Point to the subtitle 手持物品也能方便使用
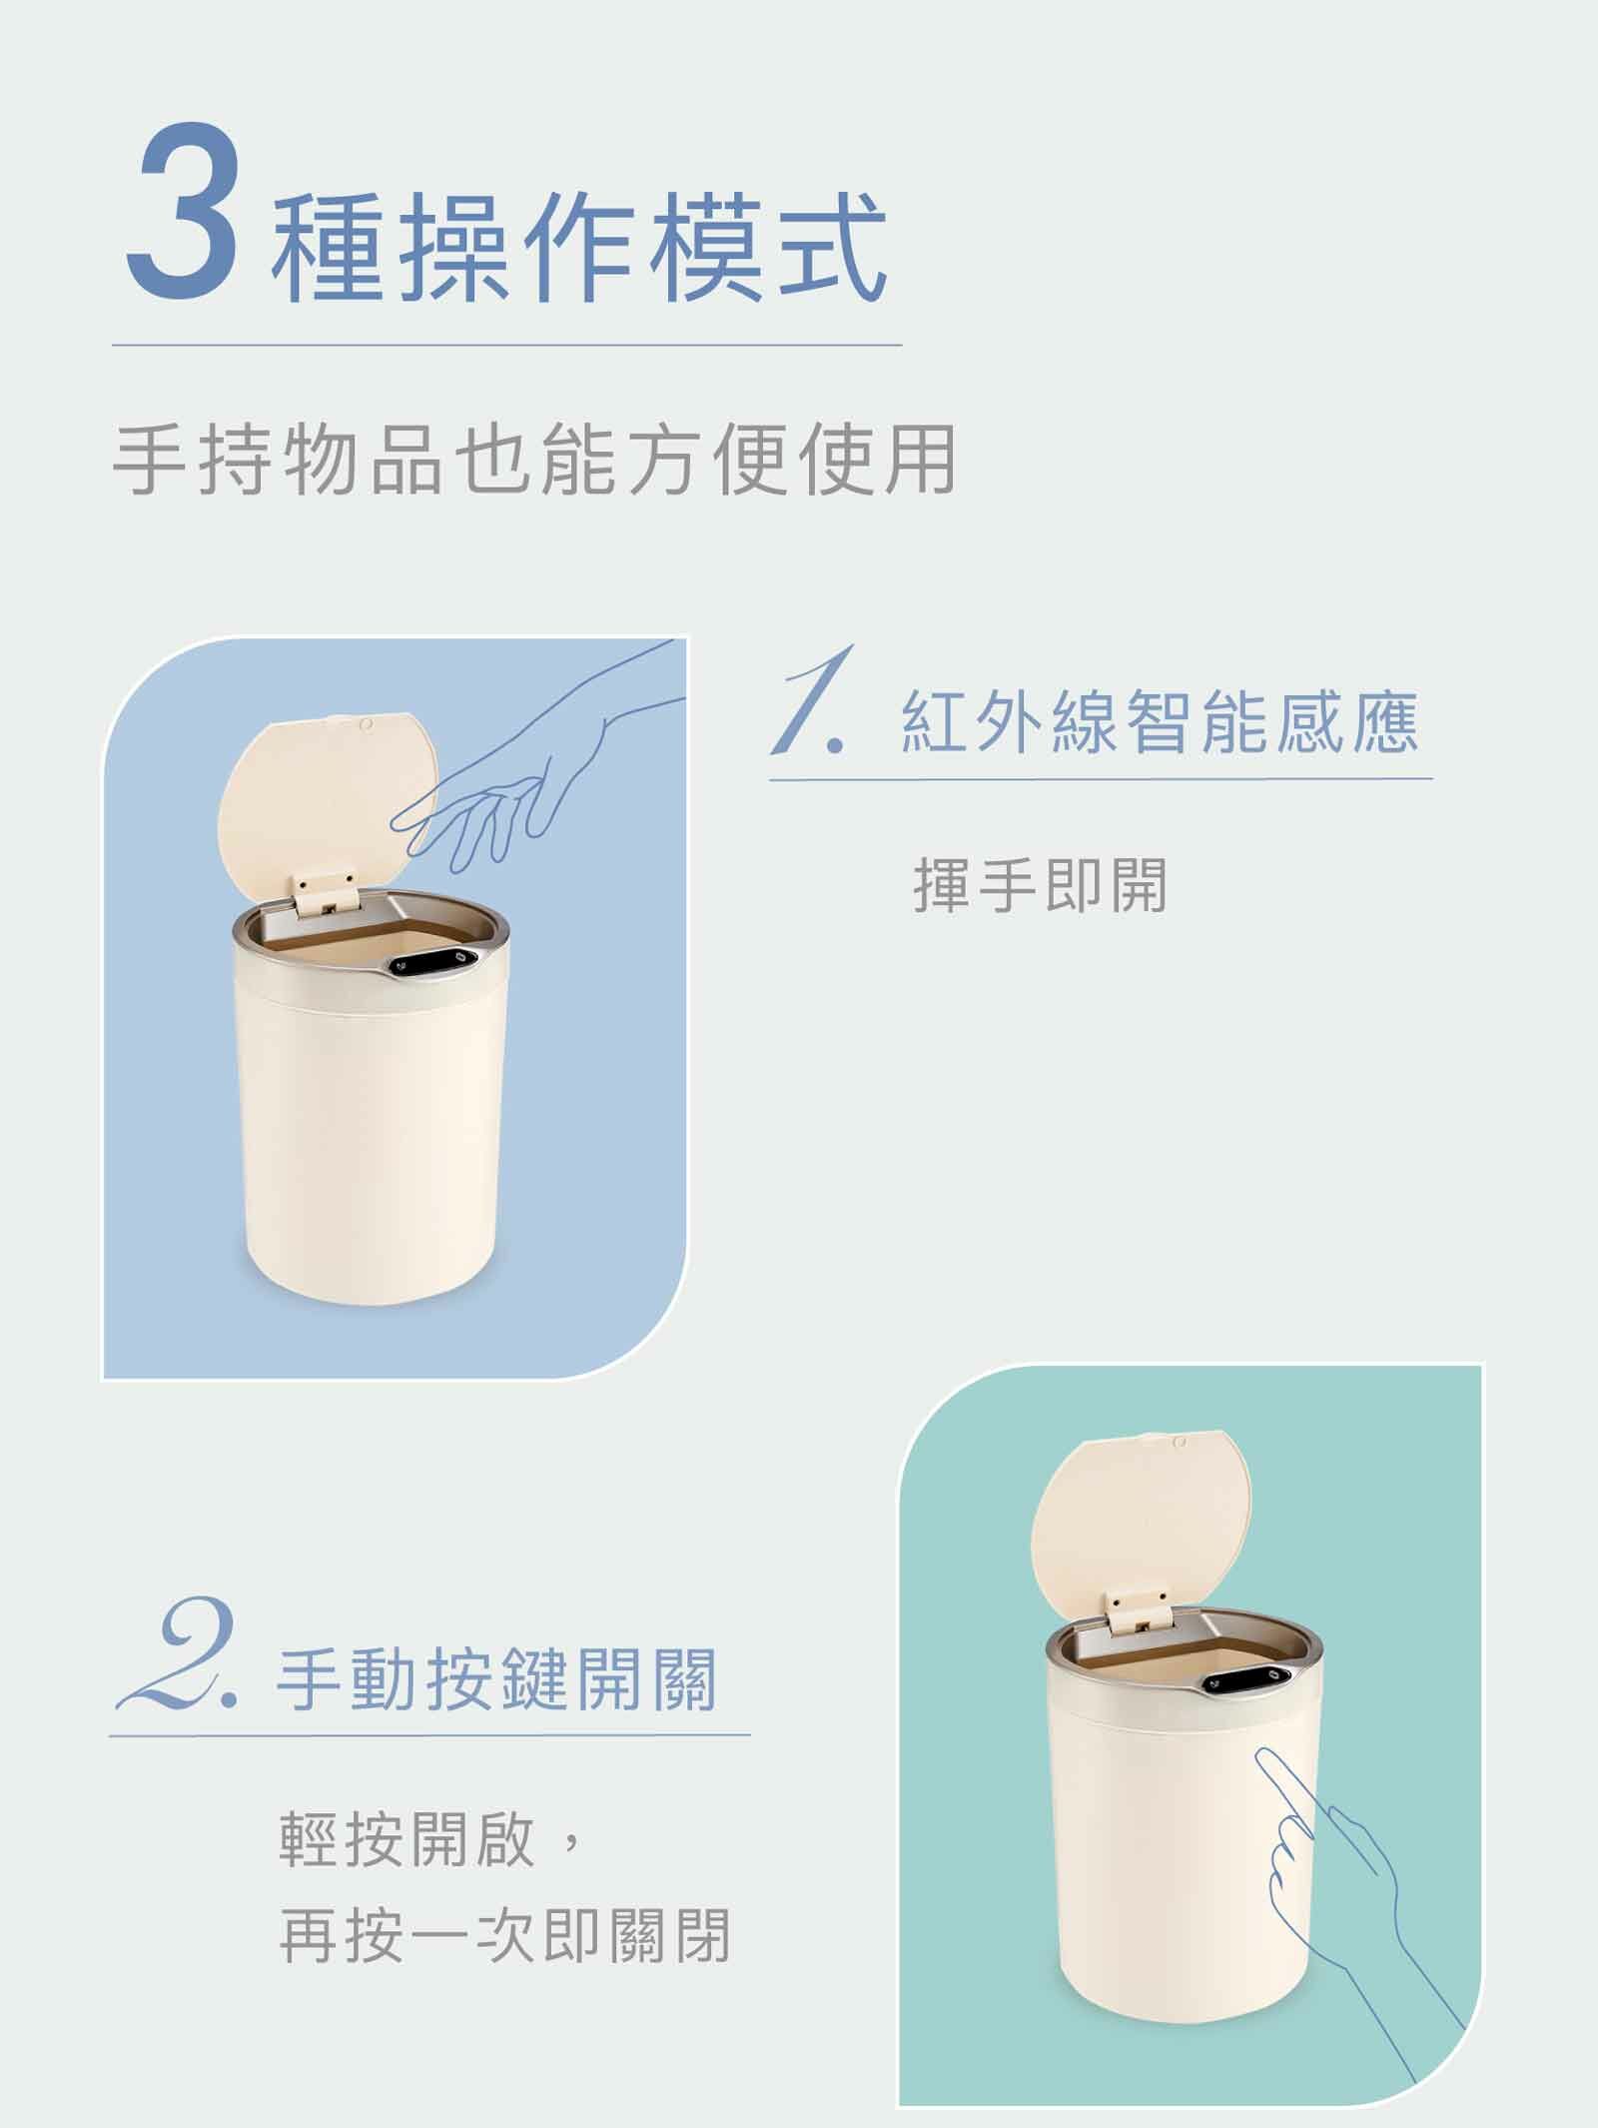[x=534, y=461]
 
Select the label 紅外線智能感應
[x=1159, y=720]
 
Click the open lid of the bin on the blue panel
[x=328, y=789]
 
